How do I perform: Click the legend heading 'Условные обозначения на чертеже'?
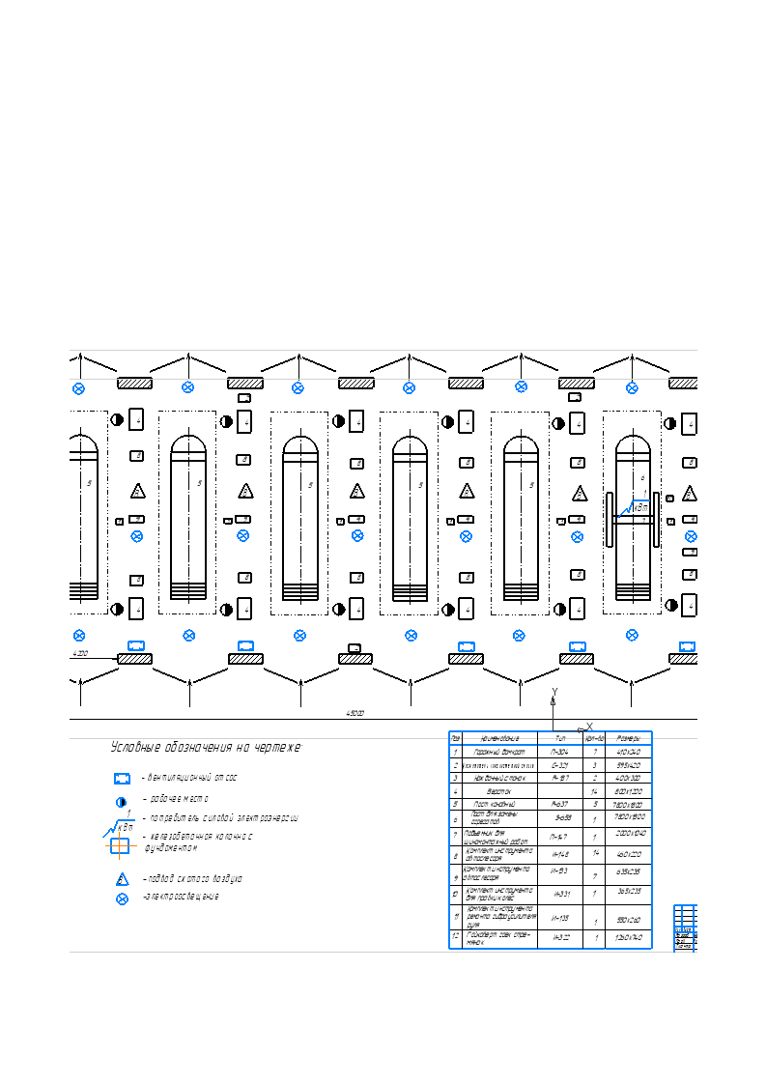(206, 748)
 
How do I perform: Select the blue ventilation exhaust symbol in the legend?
(122, 778)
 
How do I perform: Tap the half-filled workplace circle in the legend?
(122, 801)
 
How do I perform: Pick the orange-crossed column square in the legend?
(119, 846)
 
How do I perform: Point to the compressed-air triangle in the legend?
(122, 879)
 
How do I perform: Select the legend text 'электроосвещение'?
(181, 897)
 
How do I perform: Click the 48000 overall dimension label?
(355, 713)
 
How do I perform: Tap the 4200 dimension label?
(80, 654)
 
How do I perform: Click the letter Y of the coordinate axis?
(554, 692)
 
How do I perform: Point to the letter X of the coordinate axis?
(589, 727)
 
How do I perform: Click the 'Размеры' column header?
(628, 738)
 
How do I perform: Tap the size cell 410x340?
(628, 752)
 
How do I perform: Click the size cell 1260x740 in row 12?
(628, 938)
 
